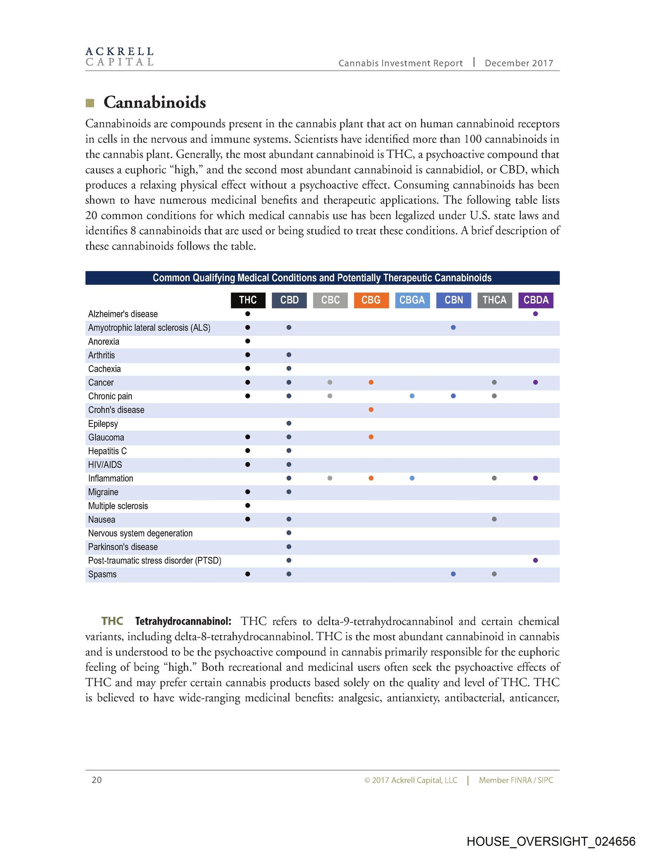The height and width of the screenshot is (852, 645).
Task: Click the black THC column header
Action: [248, 300]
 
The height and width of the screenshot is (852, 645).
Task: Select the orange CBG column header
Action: [371, 300]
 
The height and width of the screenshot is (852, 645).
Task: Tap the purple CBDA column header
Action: [536, 300]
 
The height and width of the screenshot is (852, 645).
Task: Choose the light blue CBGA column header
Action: [412, 300]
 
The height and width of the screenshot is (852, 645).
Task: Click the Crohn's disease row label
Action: [116, 410]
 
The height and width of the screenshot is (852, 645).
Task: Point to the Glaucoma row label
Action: [106, 438]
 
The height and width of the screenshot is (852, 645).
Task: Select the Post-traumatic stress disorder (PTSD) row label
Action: [154, 560]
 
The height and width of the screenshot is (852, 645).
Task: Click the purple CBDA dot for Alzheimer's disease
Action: [535, 314]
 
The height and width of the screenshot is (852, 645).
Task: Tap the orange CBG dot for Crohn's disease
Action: [371, 410]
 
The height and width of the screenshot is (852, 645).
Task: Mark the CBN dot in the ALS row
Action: [453, 327]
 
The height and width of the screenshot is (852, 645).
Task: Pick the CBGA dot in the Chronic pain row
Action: [412, 396]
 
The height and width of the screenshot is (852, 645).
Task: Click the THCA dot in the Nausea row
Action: [494, 519]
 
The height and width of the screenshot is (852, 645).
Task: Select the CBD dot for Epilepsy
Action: [289, 423]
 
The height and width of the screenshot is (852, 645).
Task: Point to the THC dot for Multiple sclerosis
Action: [248, 505]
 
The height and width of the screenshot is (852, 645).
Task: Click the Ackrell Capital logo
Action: [119, 57]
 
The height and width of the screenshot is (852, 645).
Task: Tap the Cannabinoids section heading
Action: [154, 103]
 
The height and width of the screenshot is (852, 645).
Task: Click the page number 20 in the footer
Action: [97, 780]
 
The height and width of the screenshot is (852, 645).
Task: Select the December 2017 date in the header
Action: [519, 63]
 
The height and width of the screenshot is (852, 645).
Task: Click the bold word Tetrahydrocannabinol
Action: [183, 621]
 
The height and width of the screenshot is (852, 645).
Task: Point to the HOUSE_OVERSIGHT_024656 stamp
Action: [551, 841]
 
